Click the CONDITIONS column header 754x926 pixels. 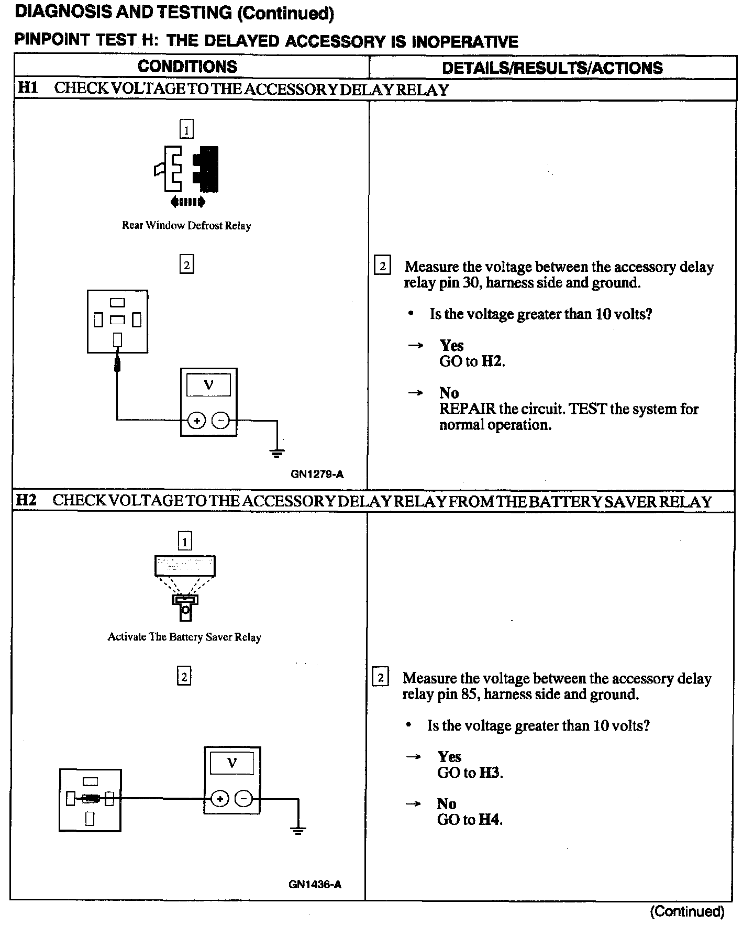tap(187, 67)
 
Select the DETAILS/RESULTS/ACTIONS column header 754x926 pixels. tap(552, 68)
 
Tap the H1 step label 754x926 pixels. tap(28, 88)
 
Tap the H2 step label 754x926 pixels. tap(27, 500)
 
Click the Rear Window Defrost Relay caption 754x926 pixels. tap(186, 226)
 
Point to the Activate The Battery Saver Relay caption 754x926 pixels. tap(184, 637)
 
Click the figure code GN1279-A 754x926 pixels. tap(317, 475)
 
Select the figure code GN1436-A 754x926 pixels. tap(315, 885)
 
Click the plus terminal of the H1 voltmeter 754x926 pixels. tap(196, 420)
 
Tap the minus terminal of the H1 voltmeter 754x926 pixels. tap(220, 420)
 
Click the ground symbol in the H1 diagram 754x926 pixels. tap(277, 453)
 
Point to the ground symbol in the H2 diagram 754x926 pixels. tap(298, 831)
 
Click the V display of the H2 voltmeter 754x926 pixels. tap(232, 763)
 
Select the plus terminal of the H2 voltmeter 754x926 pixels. tap(220, 799)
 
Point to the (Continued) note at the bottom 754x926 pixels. tap(687, 912)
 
